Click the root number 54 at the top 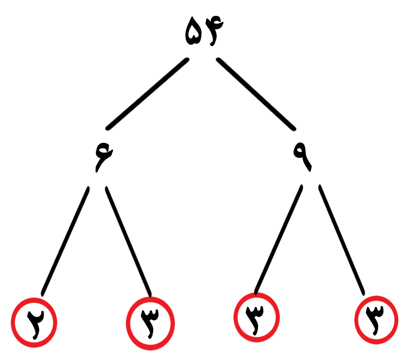click(204, 31)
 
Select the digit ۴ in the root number click(214, 31)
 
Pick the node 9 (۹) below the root click(302, 157)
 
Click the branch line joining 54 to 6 click(147, 94)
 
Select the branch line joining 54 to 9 click(256, 94)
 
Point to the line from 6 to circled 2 click(65, 241)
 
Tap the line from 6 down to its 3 click(128, 241)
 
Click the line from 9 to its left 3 click(279, 239)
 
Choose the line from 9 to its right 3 click(342, 240)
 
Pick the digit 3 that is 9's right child click(375, 320)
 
